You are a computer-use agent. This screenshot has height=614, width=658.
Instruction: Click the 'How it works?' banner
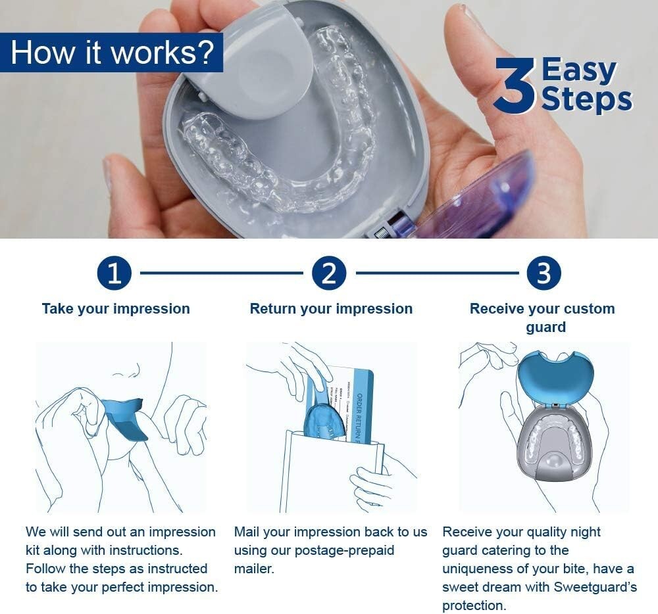coord(112,53)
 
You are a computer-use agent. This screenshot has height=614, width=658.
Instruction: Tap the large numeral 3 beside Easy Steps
coord(515,86)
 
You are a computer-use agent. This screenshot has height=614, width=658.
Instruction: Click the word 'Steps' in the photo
coord(586,99)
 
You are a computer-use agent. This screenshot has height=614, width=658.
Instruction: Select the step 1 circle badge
coord(114,273)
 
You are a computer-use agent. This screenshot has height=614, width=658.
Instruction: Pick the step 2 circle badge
coord(329,273)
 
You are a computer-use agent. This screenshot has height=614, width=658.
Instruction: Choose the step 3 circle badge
coord(544,273)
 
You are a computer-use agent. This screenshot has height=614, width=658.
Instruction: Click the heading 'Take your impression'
coord(116,309)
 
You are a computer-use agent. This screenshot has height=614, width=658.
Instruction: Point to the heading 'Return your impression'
coord(331,309)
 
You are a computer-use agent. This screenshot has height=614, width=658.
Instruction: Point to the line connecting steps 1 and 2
coord(221,273)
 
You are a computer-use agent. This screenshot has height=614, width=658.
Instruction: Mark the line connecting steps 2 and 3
coord(436,273)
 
